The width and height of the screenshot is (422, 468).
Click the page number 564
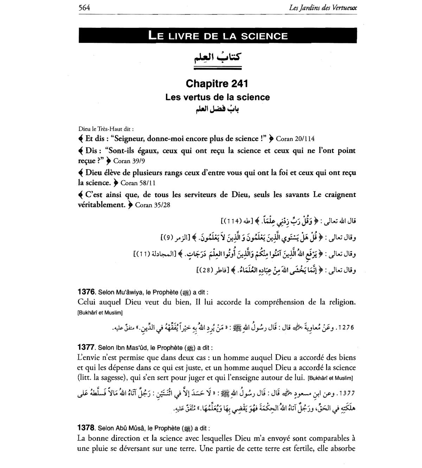click(x=84, y=7)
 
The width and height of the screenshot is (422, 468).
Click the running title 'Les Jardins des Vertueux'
click(x=322, y=7)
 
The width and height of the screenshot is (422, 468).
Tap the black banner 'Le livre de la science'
click(x=218, y=36)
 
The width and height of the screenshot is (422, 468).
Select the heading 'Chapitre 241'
click(x=217, y=84)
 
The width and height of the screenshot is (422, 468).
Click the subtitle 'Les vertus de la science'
click(x=217, y=97)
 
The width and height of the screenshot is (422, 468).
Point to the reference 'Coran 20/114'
click(x=295, y=139)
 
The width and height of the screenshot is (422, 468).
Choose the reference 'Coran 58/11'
click(x=138, y=183)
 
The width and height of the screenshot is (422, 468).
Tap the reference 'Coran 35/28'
click(x=153, y=205)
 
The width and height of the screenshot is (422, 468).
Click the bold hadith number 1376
click(x=86, y=292)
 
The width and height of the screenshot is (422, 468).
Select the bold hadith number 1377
click(x=86, y=348)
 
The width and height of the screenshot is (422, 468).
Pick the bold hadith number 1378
click(x=86, y=428)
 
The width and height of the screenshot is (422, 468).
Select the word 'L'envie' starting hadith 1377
click(x=88, y=358)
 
